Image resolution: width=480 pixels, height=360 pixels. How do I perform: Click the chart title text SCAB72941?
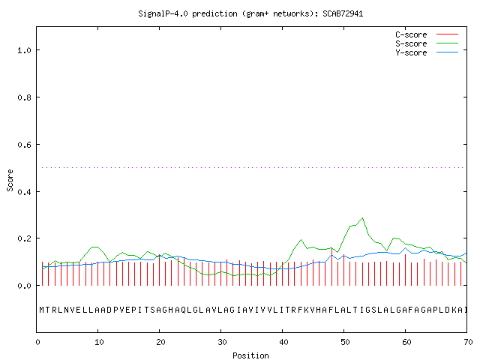point(343,13)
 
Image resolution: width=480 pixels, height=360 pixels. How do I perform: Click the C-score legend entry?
point(427,34)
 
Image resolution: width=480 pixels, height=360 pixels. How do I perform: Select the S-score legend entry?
point(427,43)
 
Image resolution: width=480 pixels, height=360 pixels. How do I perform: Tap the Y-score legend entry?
point(427,52)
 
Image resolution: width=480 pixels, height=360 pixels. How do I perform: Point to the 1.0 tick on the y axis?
point(25,50)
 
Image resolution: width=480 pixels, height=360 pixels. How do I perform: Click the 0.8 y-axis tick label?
point(25,97)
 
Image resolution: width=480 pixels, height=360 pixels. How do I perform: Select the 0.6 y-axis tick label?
point(25,145)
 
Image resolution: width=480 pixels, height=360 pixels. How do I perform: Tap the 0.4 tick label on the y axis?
point(25,192)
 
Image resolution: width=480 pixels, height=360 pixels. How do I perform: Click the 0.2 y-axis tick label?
point(25,238)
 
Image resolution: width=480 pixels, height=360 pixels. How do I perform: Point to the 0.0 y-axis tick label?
point(25,286)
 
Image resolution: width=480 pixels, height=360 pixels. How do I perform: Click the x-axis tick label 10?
point(99,342)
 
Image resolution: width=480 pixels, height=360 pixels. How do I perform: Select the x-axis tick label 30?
point(222,342)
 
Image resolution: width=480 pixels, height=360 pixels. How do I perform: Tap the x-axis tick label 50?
point(345,342)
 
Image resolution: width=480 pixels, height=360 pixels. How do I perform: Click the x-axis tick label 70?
point(468,342)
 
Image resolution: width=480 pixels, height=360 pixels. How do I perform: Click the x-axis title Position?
point(250,355)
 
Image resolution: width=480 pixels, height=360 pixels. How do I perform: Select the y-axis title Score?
point(10,180)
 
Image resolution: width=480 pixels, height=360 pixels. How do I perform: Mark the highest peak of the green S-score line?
point(363,218)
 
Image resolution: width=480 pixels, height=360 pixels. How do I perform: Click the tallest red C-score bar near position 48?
point(331,267)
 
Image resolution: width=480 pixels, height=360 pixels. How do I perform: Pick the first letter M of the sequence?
point(42,310)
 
